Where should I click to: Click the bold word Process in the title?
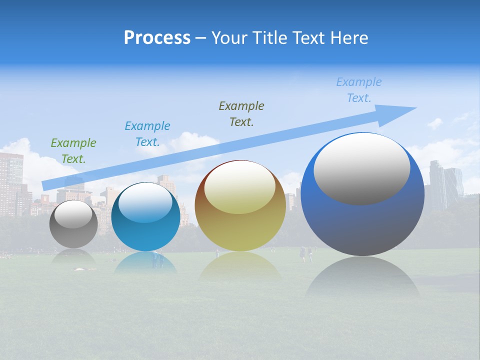157,38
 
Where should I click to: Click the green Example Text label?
73,150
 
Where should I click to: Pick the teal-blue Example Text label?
147,133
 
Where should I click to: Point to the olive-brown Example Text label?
241,113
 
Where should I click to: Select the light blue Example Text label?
359,90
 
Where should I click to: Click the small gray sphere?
73,232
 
